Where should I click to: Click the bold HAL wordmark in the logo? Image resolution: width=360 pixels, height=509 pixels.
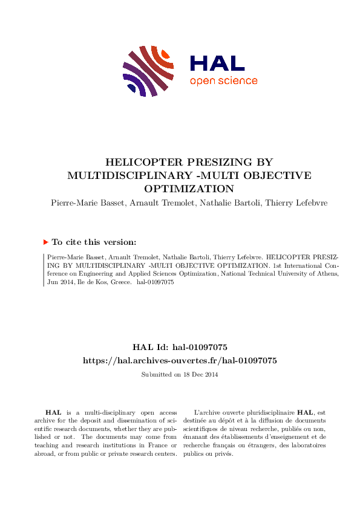[217, 63]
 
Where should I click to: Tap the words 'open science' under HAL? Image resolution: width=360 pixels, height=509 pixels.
[223, 81]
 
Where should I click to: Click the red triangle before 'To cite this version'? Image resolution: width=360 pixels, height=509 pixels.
[45, 242]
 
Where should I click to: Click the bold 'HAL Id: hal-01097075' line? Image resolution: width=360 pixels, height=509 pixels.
[180, 347]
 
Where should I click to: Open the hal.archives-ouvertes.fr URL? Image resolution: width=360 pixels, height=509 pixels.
[180, 360]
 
